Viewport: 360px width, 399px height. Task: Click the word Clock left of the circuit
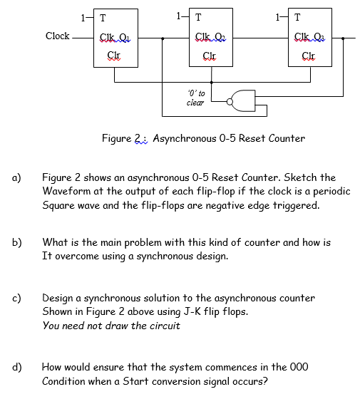57,36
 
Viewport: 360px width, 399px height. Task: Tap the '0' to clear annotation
195,98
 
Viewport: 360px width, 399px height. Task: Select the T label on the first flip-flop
104,18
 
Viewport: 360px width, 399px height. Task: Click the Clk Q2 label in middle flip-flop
210,38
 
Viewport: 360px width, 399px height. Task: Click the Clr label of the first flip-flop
113,55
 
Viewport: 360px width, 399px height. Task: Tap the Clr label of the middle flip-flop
210,55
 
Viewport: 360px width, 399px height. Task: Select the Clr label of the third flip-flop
309,55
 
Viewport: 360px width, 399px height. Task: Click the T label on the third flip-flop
297,18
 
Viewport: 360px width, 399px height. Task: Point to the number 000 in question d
298,367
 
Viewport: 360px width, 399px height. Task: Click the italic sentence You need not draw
110,326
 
